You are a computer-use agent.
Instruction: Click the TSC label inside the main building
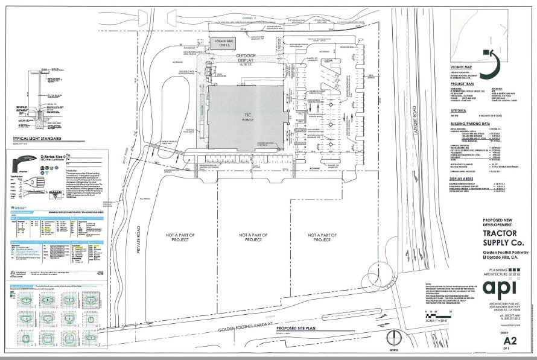point(246,115)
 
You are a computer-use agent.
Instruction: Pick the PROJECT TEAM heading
point(463,85)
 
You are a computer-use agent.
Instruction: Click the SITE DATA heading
point(459,110)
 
